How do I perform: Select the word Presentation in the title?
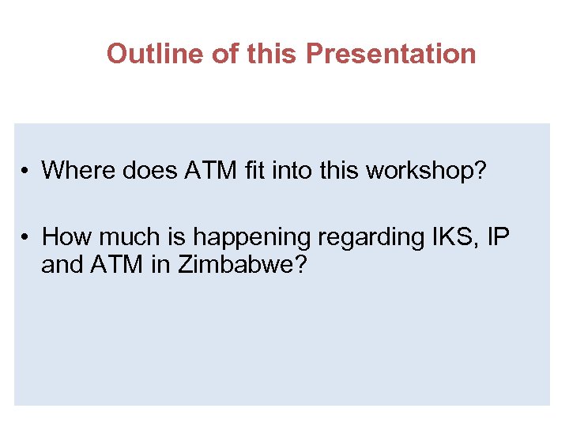coord(390,54)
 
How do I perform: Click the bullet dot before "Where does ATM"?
coord(26,171)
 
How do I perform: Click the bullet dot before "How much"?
coord(26,236)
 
